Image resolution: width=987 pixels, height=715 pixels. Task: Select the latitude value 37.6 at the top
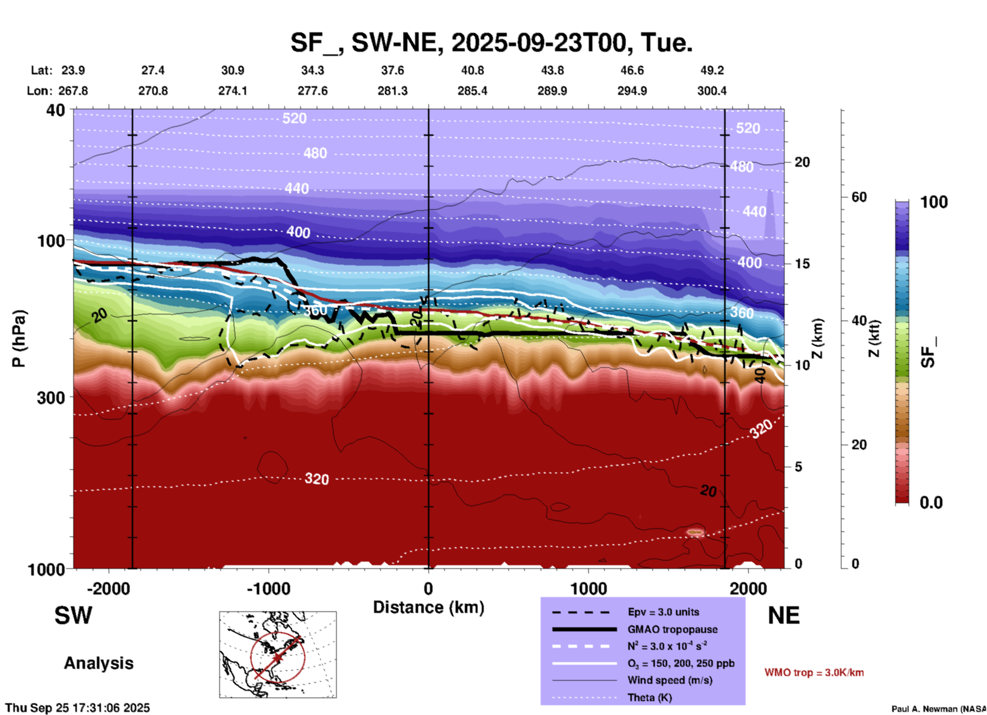[x=393, y=70]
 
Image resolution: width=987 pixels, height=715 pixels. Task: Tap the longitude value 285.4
[x=472, y=91]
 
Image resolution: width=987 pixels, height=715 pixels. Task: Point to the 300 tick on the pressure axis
[x=51, y=398]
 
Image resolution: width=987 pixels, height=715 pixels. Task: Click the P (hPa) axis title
[x=18, y=339]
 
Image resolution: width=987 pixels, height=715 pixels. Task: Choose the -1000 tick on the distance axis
[x=268, y=588]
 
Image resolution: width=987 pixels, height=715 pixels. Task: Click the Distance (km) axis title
[x=428, y=607]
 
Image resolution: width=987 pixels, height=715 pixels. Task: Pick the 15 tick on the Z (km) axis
[x=801, y=264]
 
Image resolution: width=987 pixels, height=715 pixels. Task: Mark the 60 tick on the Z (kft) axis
[x=859, y=197]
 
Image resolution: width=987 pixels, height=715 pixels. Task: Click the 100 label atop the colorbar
[x=934, y=202]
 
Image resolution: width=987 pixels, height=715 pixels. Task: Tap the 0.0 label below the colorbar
[x=931, y=503]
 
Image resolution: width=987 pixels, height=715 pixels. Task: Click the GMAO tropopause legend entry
[x=672, y=629]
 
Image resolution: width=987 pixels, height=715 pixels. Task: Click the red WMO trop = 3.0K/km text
[x=814, y=672]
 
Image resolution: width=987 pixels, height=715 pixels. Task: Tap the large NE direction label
[x=784, y=615]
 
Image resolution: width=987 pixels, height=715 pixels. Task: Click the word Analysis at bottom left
[x=98, y=663]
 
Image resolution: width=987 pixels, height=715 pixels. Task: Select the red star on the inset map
[x=277, y=658]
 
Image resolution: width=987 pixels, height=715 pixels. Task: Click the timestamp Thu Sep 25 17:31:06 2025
[x=78, y=708]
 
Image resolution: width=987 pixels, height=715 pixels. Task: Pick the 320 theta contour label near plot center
[x=317, y=479]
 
